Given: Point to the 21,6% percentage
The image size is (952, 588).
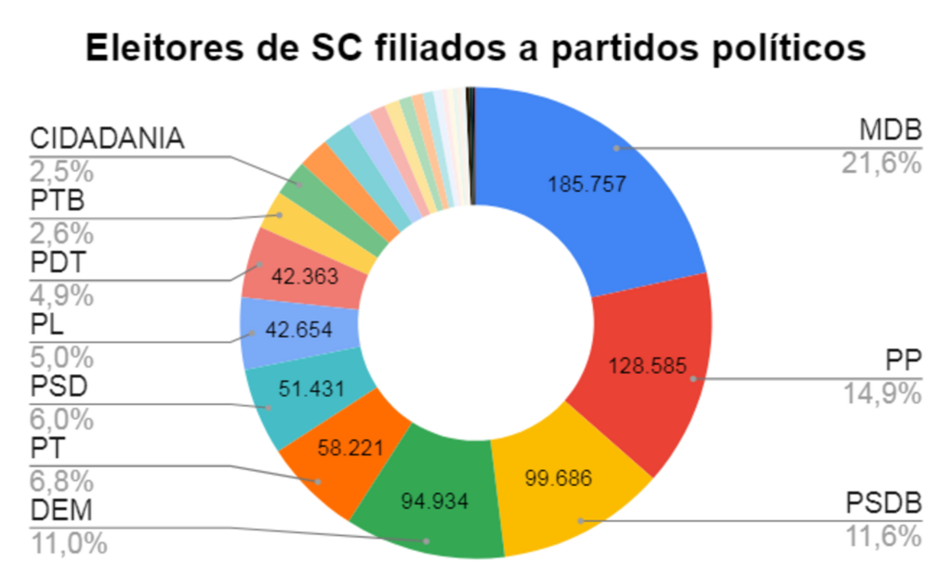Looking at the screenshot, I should (x=881, y=163).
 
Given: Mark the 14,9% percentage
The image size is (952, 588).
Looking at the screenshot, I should (x=881, y=394).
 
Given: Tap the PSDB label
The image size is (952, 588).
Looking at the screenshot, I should (x=883, y=504).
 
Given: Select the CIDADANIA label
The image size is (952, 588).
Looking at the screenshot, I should (x=108, y=139).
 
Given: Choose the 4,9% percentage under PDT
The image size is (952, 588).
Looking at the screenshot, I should (x=61, y=295).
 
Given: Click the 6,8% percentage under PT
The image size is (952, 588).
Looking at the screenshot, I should (x=61, y=481).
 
